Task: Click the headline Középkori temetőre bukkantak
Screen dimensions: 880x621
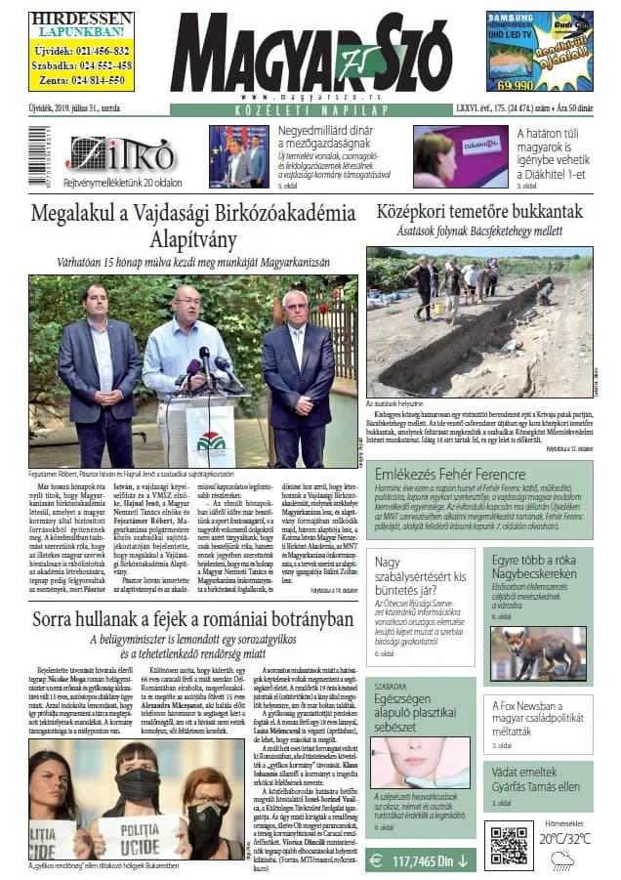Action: pos(478,212)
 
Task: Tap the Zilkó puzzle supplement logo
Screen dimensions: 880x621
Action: pos(122,154)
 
